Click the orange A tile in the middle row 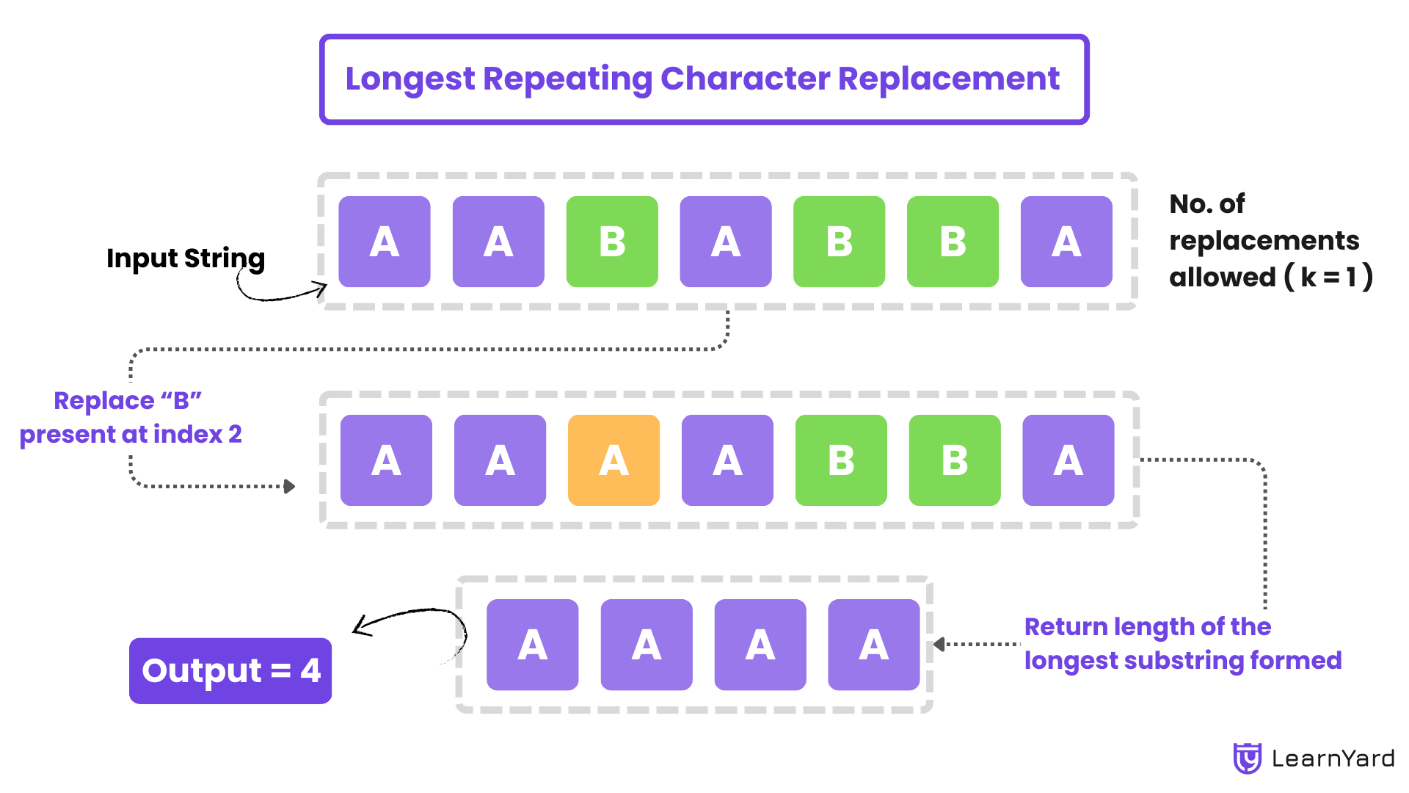614,460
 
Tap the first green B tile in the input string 612,242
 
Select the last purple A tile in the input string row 1066,242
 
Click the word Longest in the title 410,79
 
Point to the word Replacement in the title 948,79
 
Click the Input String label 186,258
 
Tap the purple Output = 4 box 230,670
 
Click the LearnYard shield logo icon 1247,758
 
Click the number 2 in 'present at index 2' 235,434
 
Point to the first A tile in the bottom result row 532,645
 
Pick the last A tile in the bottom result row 873,645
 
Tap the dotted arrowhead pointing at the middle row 290,486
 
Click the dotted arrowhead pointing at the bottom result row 939,645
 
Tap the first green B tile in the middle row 840,460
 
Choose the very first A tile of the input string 384,242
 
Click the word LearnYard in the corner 1333,758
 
